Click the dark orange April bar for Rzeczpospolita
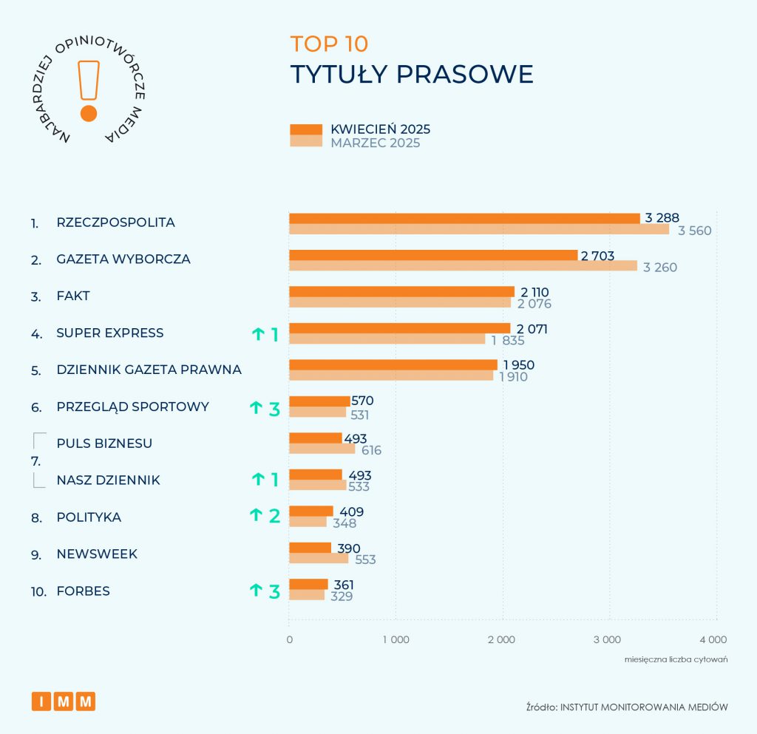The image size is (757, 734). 464,218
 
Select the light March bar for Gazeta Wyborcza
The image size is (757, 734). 463,266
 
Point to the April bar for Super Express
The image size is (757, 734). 399,328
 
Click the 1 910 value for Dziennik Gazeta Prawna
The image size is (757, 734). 513,377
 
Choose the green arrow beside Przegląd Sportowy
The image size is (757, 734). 256,407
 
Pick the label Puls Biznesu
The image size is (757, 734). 104,444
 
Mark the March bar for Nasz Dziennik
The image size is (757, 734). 317,486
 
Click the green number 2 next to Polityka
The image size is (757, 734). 274,516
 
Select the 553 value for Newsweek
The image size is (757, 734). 363,560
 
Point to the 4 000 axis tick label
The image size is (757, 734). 713,639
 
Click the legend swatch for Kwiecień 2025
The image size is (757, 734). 306,129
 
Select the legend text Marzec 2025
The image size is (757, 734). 376,143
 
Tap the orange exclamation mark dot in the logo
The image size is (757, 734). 89,113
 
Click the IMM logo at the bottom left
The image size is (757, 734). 64,701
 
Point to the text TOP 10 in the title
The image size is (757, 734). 329,44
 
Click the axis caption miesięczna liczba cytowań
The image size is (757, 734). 676,659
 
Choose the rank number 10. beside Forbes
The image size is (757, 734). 38,591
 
